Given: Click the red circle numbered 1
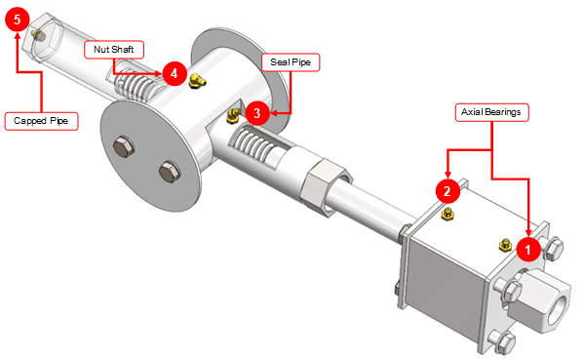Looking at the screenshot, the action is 528,250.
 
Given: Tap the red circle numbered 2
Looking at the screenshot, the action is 448,191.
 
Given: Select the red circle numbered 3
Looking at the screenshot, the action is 257,113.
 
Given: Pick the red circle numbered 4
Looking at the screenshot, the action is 174,73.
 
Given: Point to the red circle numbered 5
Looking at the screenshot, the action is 18,20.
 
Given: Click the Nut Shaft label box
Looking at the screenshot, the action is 114,50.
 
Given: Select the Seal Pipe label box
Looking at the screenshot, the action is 291,62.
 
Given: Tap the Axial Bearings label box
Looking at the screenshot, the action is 491,112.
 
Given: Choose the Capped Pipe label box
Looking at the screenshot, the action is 41,121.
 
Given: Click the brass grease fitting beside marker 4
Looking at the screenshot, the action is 197,80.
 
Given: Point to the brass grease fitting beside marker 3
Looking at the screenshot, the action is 234,115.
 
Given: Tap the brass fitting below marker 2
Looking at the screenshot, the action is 447,215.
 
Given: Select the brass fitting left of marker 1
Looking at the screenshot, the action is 505,245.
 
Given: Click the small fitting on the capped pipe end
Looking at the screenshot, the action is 38,35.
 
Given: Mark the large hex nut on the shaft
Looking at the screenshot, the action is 326,187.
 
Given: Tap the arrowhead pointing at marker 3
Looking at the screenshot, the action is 274,113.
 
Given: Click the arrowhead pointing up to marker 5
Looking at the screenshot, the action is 18,35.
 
